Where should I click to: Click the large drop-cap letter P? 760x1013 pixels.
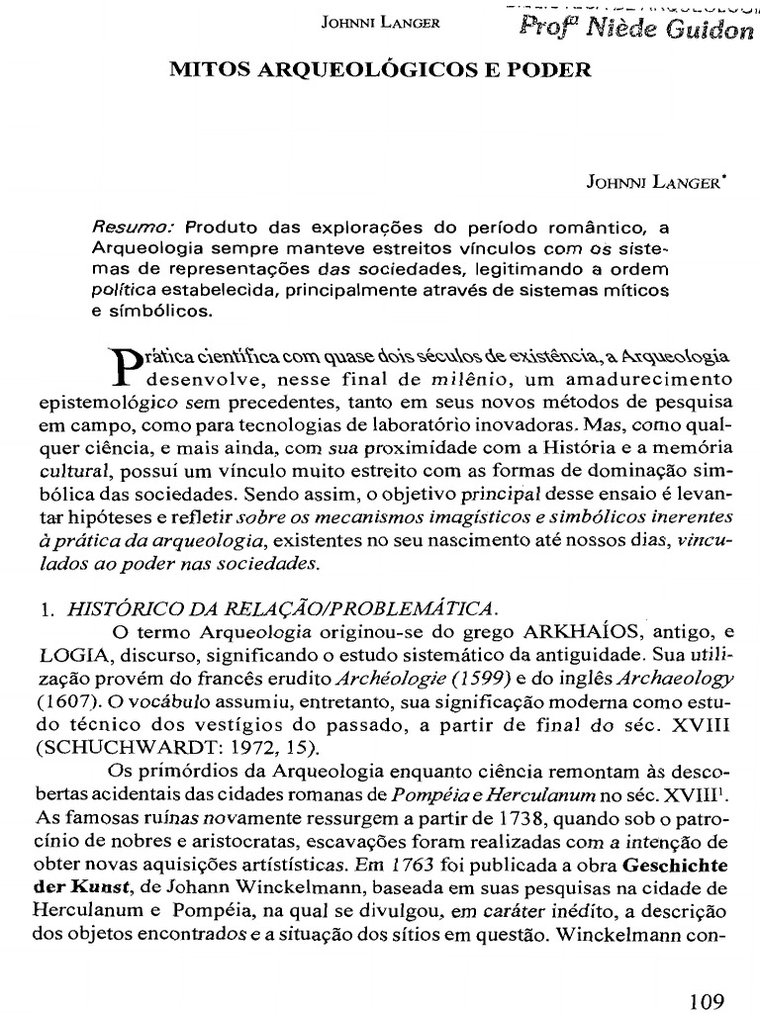point(118,368)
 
